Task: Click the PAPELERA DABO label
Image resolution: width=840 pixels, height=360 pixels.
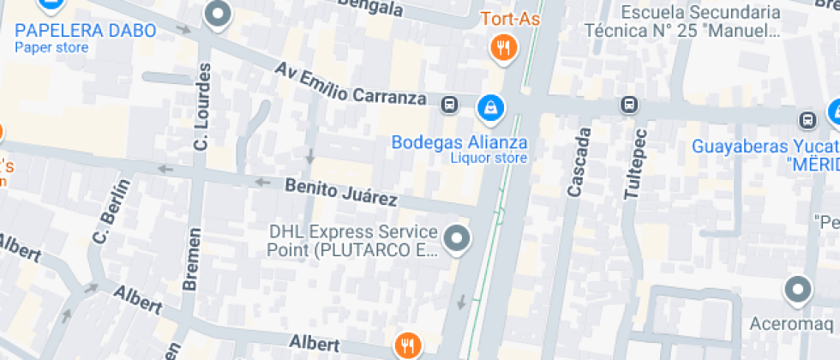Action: tap(86, 31)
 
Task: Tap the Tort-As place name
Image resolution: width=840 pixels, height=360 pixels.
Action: tap(509, 19)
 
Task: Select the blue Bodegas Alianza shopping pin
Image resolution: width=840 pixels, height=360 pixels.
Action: tap(489, 107)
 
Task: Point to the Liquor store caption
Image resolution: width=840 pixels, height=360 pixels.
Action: tap(489, 158)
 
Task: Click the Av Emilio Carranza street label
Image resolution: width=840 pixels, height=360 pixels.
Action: tap(351, 83)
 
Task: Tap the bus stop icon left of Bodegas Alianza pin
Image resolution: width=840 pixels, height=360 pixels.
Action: tap(448, 105)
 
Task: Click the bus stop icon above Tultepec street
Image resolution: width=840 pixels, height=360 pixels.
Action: tap(630, 105)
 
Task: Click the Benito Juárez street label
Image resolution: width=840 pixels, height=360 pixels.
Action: tap(341, 192)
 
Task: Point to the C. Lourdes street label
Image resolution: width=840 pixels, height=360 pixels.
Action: tap(202, 107)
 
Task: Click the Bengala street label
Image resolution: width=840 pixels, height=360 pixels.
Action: tap(369, 7)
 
